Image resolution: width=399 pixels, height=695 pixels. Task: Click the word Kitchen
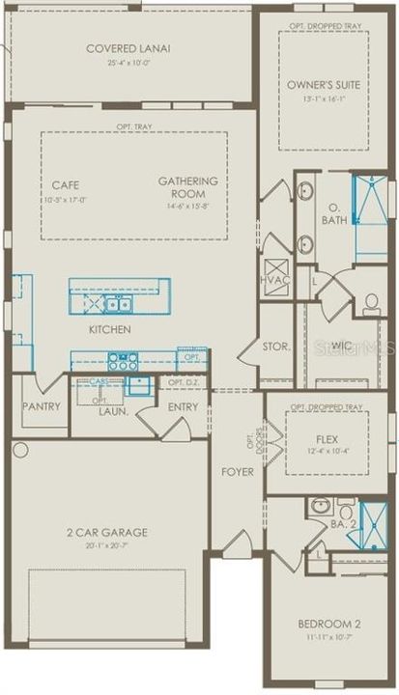click(109, 329)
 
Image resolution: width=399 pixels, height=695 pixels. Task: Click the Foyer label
click(238, 472)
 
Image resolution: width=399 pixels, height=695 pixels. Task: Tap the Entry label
click(183, 407)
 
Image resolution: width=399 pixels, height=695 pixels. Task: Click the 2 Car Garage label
click(107, 532)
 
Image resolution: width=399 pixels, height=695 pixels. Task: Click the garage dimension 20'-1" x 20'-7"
click(107, 545)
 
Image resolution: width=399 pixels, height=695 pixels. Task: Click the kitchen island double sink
click(120, 304)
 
